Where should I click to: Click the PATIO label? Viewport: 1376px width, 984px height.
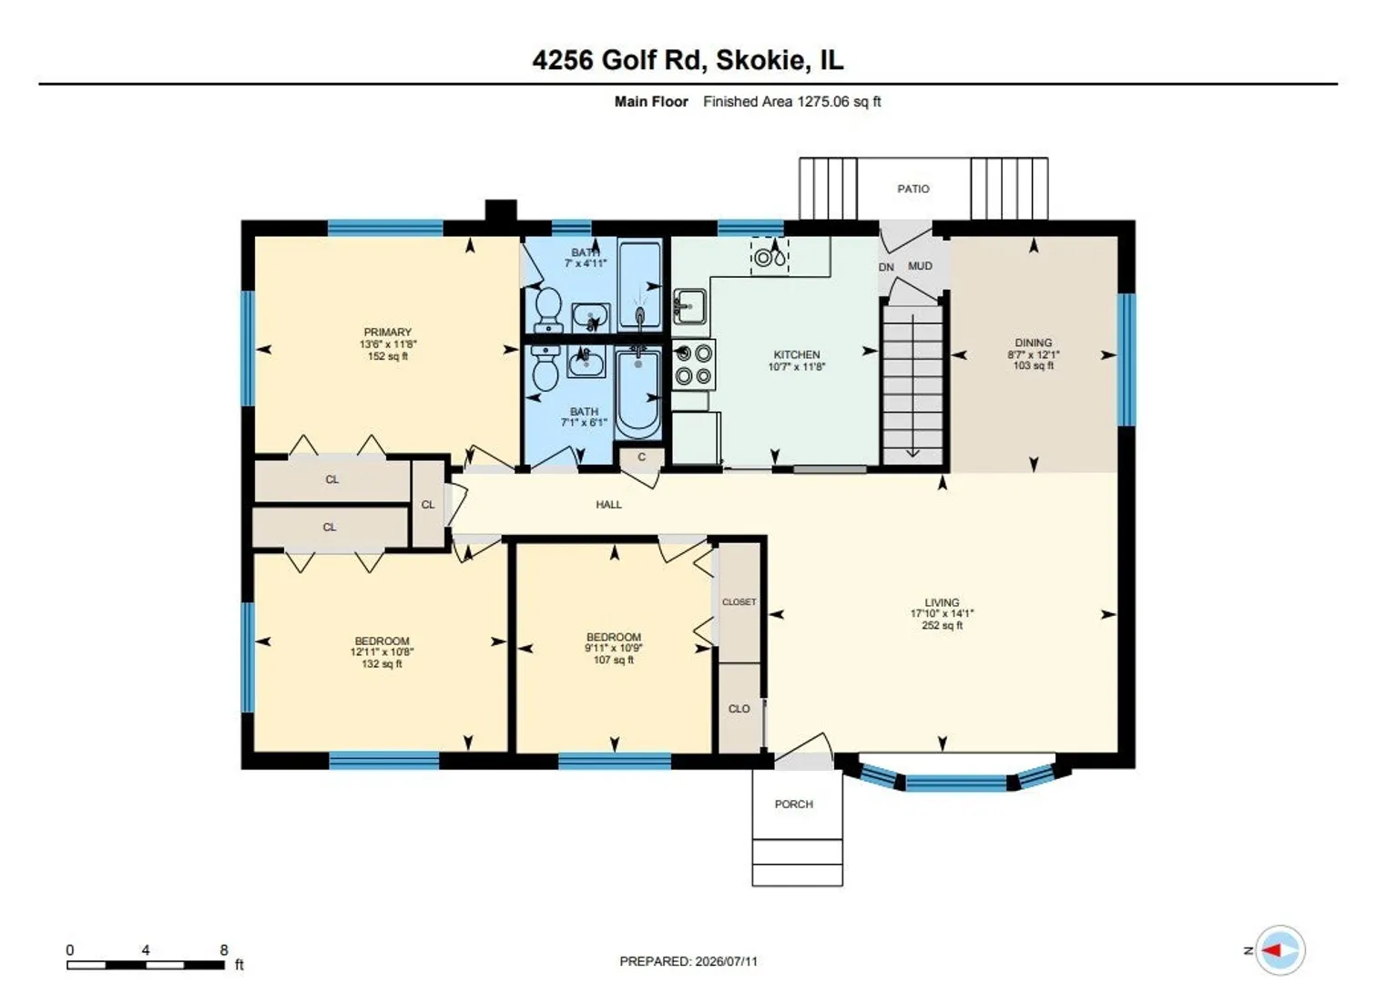pos(912,189)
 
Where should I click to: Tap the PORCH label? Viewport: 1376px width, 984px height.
pos(794,804)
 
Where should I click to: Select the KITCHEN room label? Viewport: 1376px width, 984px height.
pos(796,354)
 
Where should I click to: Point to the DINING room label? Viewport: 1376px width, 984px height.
pos(1034,343)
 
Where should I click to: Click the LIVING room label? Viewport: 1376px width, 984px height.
pos(942,602)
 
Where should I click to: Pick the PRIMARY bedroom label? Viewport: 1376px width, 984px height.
pos(387,332)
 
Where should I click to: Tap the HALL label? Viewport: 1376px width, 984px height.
pos(608,505)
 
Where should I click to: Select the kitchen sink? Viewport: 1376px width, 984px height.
pos(689,306)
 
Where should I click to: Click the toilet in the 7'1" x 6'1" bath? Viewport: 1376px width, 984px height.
pos(545,367)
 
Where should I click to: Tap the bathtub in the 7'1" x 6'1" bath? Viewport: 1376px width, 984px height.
pos(638,392)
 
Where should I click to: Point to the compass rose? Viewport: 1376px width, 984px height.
pos(1279,949)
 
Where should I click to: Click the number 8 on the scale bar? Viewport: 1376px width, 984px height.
pos(224,949)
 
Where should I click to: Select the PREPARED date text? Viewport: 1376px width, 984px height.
pos(688,961)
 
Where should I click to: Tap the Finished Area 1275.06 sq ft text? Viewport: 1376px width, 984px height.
pos(791,102)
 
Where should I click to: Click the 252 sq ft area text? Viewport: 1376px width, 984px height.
pos(942,626)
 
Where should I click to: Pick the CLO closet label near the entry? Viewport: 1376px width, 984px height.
pos(739,709)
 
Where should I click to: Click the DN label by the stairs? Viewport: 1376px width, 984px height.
pos(886,267)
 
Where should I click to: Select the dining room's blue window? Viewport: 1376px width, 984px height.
pos(1126,360)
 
